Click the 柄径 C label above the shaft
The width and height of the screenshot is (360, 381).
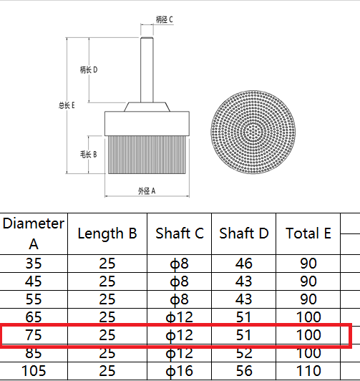165,19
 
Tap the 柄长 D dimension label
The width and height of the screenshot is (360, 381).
89,69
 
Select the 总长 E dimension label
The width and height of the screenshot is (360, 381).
67,105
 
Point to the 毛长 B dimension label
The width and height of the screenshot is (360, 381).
89,154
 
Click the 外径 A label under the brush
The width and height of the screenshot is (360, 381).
147,191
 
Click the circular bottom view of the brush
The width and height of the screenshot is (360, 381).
253,132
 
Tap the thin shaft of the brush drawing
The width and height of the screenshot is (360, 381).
147,69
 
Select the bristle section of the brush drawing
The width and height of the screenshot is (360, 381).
147,155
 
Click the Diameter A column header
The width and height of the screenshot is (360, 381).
34,233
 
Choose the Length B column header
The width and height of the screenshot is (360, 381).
107,233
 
